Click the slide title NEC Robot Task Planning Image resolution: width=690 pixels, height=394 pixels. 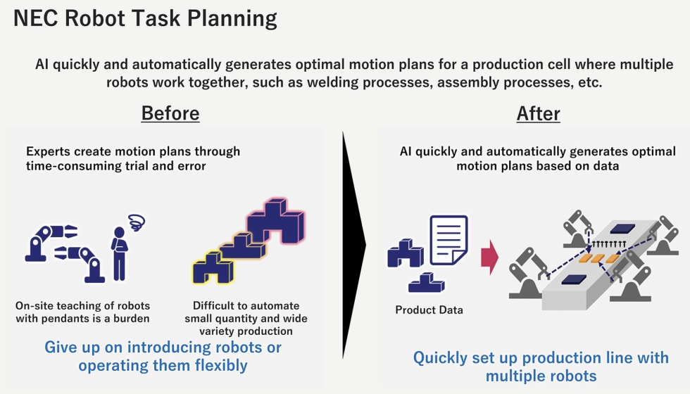145,19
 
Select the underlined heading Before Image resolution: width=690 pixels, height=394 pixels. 170,113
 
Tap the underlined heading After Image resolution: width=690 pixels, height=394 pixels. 538,113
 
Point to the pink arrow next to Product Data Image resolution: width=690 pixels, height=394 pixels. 489,258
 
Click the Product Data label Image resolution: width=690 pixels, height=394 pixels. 429,310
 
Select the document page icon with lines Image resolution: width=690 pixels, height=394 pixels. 448,240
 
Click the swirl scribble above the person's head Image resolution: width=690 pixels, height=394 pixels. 137,223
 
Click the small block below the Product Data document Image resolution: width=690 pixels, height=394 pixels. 426,283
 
